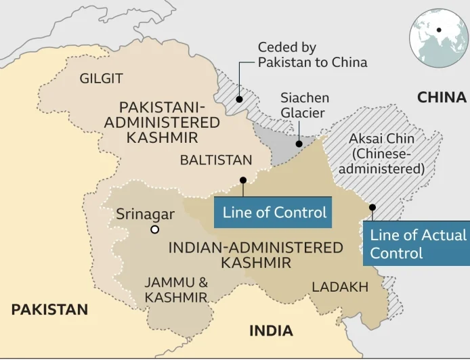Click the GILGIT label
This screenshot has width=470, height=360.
coord(102,78)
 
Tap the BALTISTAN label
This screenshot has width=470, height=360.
coord(215,160)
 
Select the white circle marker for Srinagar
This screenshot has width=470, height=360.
coord(155,230)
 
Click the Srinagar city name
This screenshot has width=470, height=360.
coord(145,214)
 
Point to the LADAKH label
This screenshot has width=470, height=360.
coord(340,287)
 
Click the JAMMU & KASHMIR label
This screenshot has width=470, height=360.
coord(175,290)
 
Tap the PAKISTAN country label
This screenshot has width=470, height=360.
coord(49,310)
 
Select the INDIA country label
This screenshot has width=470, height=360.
coord(271,331)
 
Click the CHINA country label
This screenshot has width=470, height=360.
coord(442,97)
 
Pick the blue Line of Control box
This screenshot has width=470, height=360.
coord(274,212)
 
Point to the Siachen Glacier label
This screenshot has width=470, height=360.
coord(303,106)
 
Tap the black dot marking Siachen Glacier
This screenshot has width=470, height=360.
coord(299,143)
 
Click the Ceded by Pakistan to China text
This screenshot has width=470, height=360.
coord(312,55)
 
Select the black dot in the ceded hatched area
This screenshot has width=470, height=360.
coord(239,99)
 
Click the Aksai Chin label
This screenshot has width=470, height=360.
coord(381,153)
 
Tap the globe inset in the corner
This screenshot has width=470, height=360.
coord(438,31)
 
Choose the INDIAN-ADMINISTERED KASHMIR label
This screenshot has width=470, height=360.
coord(255,254)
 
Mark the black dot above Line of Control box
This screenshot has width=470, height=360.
coord(242,180)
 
